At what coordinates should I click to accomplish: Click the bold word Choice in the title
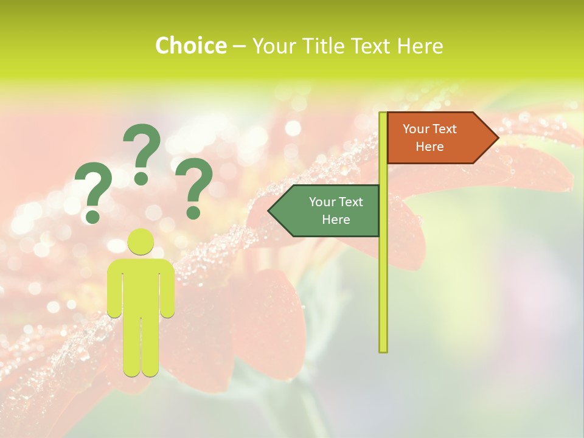[190, 46]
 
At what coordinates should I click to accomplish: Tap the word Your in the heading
[273, 46]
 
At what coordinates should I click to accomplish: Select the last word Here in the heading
[420, 46]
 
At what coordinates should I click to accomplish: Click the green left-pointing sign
[328, 210]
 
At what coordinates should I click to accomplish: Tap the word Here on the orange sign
[429, 147]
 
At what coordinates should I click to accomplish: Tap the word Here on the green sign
[336, 220]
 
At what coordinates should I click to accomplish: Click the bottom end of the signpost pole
[383, 349]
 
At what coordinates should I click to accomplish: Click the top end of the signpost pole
[383, 115]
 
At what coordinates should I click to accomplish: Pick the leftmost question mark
[92, 189]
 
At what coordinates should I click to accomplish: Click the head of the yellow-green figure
[141, 242]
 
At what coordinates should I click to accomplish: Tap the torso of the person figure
[141, 286]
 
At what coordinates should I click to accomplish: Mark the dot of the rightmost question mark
[193, 212]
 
